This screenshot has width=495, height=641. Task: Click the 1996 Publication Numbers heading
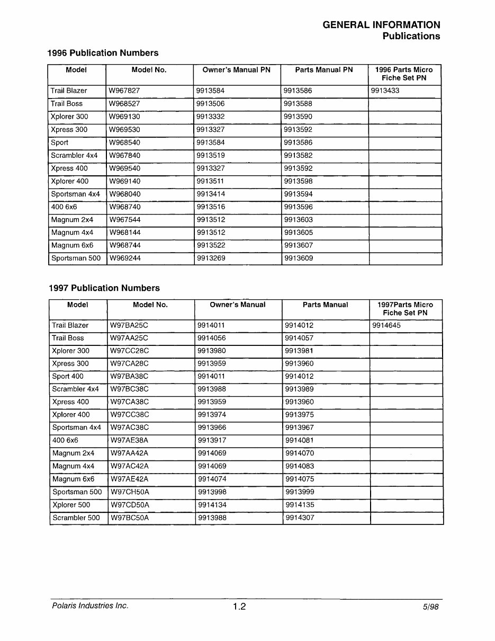tap(103, 53)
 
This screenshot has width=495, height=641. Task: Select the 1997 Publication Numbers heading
tap(104, 288)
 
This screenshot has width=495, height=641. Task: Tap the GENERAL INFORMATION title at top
tap(381, 25)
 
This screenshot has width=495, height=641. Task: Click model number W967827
tap(124, 91)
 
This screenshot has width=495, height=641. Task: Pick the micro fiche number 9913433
tap(385, 91)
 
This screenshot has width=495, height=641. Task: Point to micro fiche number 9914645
tap(386, 325)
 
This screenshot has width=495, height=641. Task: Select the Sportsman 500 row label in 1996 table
tap(76, 259)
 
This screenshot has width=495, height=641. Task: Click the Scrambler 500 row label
tap(76, 518)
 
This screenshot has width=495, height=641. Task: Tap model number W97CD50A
tap(129, 505)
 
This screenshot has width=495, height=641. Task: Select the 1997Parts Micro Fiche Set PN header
tap(405, 309)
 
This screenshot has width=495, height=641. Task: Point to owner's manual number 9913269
tap(210, 259)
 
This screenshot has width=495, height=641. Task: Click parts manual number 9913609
tap(298, 259)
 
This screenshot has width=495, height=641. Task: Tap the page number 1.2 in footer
tap(239, 607)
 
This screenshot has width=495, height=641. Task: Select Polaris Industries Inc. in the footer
tap(90, 606)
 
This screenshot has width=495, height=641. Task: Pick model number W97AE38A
tap(129, 440)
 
